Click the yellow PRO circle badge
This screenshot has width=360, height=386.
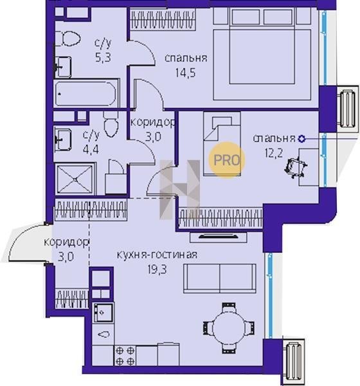click(x=227, y=160)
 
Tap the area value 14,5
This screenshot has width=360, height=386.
click(x=186, y=73)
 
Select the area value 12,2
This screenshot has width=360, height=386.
click(x=274, y=153)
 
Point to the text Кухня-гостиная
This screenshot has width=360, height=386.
click(x=157, y=255)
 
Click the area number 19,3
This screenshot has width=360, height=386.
click(x=157, y=270)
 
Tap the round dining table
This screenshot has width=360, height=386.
click(x=229, y=328)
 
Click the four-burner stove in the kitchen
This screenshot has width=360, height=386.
click(x=125, y=356)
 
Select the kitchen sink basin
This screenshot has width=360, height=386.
click(x=104, y=312)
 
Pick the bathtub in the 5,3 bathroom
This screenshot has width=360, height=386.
click(x=85, y=94)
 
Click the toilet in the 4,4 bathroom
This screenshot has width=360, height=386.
click(x=111, y=124)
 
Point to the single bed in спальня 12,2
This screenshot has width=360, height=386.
click(x=222, y=143)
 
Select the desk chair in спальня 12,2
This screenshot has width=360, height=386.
click(x=295, y=168)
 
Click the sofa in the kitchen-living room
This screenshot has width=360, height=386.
click(x=220, y=278)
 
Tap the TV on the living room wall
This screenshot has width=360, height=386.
click(x=219, y=237)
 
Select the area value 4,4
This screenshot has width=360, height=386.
click(x=91, y=149)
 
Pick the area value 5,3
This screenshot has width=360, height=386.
click(x=103, y=57)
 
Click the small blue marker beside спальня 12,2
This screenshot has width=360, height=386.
click(x=301, y=139)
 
